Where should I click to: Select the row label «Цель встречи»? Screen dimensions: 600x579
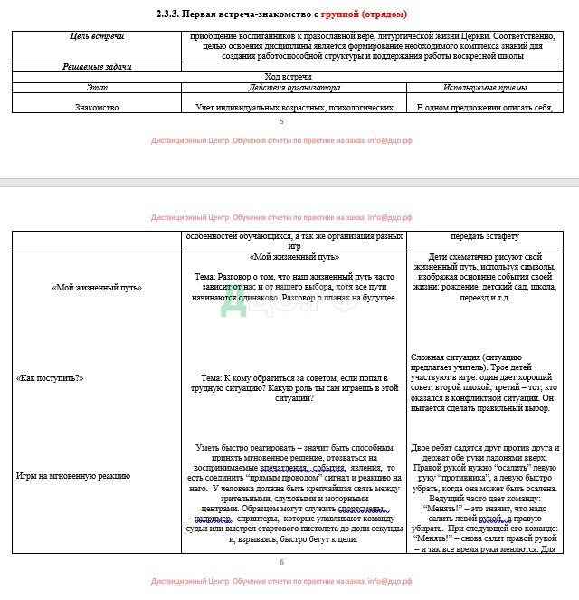pos(97,36)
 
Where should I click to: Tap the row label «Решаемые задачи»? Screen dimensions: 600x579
pos(97,67)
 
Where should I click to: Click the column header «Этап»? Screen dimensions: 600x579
pos(97,88)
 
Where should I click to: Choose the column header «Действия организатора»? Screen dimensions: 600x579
pos(293,88)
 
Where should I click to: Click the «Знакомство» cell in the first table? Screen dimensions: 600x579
pos(97,107)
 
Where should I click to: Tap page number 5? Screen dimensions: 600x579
pos(281,121)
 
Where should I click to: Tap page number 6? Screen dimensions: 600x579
pos(281,562)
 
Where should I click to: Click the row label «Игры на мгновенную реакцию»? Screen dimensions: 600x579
pos(73,474)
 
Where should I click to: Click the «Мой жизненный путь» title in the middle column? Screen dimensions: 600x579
pos(293,257)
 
